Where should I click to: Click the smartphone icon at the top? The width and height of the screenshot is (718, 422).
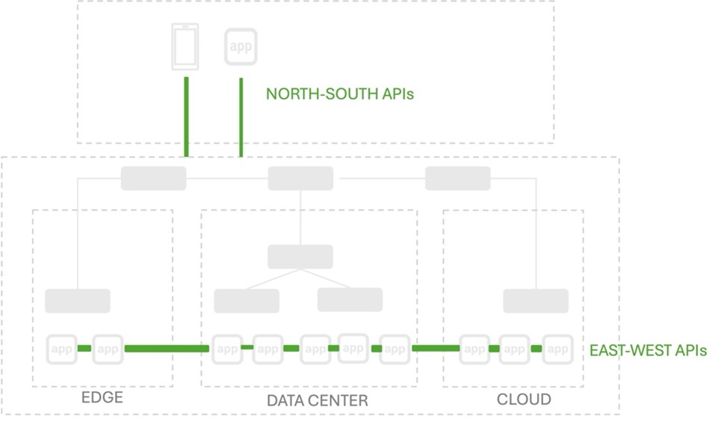(185, 47)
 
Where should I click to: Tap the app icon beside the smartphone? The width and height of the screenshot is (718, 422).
(241, 46)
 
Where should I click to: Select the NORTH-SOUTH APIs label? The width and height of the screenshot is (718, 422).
(340, 94)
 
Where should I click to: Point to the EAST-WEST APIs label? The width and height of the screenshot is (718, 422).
(648, 349)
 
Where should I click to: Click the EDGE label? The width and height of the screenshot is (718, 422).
(102, 397)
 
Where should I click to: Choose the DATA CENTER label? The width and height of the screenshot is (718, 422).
(317, 400)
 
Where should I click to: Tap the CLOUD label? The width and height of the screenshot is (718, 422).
(524, 399)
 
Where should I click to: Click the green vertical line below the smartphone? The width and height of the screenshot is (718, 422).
(185, 115)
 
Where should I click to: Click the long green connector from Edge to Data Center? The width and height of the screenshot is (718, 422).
(167, 349)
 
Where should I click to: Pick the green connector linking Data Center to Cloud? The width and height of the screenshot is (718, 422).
(435, 348)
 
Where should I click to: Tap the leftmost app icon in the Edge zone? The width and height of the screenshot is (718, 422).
(62, 349)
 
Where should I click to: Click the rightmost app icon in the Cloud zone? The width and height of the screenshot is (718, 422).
(557, 349)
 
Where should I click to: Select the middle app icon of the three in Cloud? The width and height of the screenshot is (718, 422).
(514, 349)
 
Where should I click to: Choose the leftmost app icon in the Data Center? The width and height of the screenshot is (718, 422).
(226, 349)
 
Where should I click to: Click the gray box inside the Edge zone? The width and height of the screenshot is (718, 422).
(78, 301)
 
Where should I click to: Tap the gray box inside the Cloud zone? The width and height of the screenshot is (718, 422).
(535, 301)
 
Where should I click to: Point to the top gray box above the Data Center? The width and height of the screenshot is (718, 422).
(300, 178)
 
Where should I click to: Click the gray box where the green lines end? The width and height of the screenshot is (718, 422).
(153, 178)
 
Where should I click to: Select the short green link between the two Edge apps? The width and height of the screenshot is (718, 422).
(84, 349)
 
